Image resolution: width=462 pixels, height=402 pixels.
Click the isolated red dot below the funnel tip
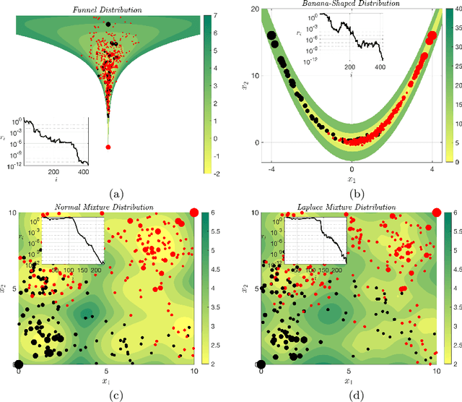tap(108, 147)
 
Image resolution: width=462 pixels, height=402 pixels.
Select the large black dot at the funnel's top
tap(108, 24)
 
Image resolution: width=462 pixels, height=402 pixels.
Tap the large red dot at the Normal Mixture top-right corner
tap(193, 212)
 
